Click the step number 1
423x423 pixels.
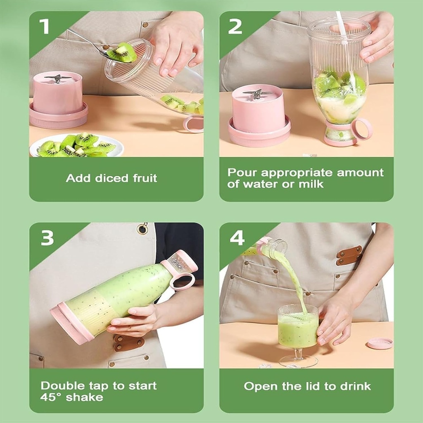(44, 26)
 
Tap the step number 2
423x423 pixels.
(235, 26)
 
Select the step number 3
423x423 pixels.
(47, 238)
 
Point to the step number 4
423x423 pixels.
(237, 238)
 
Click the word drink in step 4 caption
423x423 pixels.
(356, 386)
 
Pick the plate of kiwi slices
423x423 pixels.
(76, 145)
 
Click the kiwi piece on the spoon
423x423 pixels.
(123, 52)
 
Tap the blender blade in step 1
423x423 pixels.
(58, 78)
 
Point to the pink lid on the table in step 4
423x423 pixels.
(380, 343)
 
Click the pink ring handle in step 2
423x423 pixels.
(362, 129)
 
